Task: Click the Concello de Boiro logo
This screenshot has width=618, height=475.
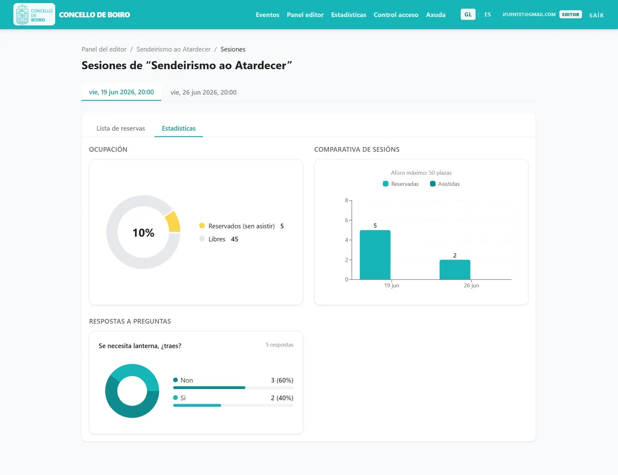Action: point(34,14)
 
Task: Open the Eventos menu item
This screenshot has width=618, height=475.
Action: point(267,15)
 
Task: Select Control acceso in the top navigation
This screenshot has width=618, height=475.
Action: point(396,15)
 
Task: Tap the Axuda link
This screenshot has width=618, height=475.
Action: point(436,15)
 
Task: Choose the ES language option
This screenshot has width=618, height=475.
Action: point(488,15)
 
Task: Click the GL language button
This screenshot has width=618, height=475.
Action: point(468,15)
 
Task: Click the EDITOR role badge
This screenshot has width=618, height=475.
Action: point(571,15)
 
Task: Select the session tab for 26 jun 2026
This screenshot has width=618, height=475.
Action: point(204,92)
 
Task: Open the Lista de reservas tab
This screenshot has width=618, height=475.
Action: point(121,128)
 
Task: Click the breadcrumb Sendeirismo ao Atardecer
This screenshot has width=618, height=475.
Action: point(173,49)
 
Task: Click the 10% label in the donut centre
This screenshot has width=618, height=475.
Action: point(143,233)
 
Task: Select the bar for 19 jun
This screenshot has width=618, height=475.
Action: point(375,255)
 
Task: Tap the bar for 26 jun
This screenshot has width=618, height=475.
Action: point(455,270)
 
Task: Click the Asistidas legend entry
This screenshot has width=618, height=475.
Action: point(445,184)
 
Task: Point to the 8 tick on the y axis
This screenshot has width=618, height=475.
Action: point(347,200)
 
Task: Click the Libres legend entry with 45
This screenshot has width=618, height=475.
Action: point(219,239)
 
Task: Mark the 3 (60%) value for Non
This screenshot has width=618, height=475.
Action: point(282,380)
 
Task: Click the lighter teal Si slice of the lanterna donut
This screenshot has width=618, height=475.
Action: point(138,374)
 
